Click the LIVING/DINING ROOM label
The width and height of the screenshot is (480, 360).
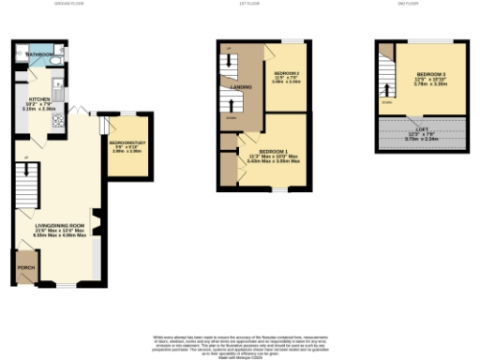pyautogui.click(x=60, y=225)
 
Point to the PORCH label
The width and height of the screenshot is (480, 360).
pyautogui.click(x=26, y=267)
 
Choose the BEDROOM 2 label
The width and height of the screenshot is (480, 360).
pyautogui.click(x=286, y=72)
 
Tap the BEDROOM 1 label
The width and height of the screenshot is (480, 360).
pyautogui.click(x=272, y=151)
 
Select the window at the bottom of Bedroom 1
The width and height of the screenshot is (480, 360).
pyautogui.click(x=278, y=190)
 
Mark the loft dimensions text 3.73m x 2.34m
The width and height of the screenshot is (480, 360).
pyautogui.click(x=423, y=139)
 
